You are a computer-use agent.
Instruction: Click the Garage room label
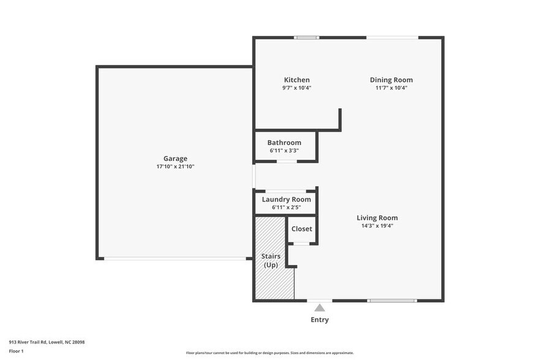click(175, 159)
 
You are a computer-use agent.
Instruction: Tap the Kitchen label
click(297, 80)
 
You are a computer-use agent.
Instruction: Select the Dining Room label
click(391, 80)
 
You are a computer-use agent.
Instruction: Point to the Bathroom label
click(284, 143)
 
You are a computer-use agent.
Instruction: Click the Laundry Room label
click(287, 200)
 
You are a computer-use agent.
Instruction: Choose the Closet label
click(302, 229)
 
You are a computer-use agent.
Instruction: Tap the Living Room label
click(377, 217)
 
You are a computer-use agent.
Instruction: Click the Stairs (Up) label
click(271, 260)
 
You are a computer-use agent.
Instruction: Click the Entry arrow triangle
click(320, 308)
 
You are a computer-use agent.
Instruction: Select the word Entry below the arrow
click(320, 320)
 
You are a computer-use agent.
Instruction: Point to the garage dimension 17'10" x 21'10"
click(175, 167)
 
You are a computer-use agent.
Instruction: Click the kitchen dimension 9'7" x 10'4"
click(297, 88)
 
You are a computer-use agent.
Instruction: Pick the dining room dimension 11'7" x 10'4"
click(391, 88)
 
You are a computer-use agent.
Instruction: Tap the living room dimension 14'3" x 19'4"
click(377, 225)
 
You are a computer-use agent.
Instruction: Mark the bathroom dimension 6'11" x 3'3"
click(284, 151)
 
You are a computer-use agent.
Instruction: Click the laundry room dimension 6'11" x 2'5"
click(287, 208)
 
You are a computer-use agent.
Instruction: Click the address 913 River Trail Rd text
click(47, 342)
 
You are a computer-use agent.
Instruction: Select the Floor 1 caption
click(17, 351)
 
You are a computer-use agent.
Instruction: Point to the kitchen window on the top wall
click(307, 37)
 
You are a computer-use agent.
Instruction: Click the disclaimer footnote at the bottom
click(270, 353)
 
